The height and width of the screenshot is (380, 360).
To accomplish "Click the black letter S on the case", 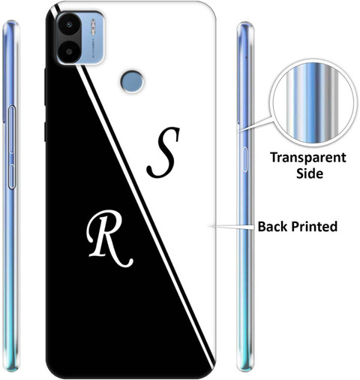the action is pyautogui.click(x=163, y=152).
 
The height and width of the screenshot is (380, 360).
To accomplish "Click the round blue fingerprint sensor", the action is pyautogui.click(x=132, y=82).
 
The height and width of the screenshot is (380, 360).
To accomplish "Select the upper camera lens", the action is pyautogui.click(x=69, y=25).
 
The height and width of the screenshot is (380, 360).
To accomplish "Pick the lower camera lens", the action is pyautogui.click(x=70, y=52).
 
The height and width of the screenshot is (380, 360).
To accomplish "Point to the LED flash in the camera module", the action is pyautogui.click(x=93, y=26).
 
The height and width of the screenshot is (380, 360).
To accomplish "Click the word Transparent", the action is pyautogui.click(x=308, y=158).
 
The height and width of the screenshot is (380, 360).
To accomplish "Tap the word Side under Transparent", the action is pyautogui.click(x=310, y=173).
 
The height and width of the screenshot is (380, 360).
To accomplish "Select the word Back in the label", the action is pyautogui.click(x=272, y=226).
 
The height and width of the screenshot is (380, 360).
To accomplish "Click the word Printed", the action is pyautogui.click(x=314, y=227).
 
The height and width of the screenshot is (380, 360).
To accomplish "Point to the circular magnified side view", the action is pyautogui.click(x=313, y=103).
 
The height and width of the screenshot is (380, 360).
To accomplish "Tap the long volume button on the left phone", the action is pyautogui.click(x=11, y=129).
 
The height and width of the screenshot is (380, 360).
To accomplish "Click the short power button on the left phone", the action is pyautogui.click(x=11, y=176).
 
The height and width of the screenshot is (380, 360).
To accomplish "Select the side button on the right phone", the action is pyautogui.click(x=245, y=160).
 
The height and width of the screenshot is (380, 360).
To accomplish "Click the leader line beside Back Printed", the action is pyautogui.click(x=232, y=227).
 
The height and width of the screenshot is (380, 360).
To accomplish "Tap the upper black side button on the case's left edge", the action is pyautogui.click(x=45, y=86).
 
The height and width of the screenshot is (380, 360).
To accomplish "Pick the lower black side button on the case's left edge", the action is pyautogui.click(x=45, y=132).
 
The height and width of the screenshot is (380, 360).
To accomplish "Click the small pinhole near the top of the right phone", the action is pyautogui.click(x=246, y=57).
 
